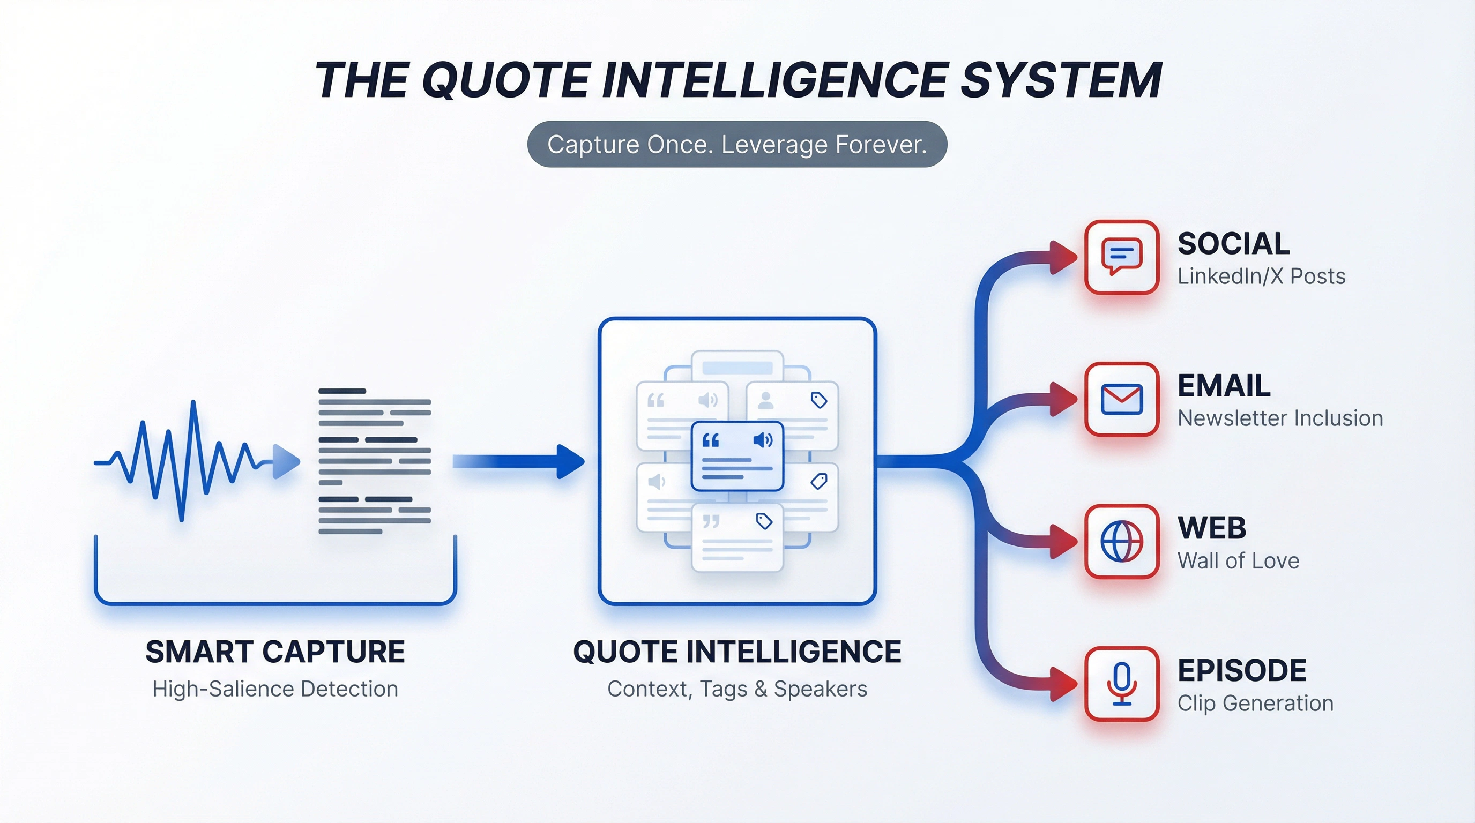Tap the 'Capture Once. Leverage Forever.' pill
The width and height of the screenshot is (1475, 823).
point(737,144)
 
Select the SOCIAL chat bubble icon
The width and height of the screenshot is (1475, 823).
point(1122,257)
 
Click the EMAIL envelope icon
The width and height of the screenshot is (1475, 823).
point(1122,399)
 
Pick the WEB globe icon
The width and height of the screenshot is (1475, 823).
point(1122,541)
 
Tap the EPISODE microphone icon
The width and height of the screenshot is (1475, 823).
point(1122,683)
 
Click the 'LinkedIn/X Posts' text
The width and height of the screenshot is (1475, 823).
point(1261,276)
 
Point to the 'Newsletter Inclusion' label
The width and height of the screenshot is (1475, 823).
point(1280,418)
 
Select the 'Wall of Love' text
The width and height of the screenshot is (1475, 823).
point(1238,561)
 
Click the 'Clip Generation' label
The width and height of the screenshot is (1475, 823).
point(1255,703)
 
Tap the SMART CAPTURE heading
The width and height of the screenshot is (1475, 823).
point(275,652)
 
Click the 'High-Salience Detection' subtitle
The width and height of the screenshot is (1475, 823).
point(275,689)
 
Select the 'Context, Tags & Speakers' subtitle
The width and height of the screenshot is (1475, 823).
point(737,689)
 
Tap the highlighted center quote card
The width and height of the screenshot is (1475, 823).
point(737,456)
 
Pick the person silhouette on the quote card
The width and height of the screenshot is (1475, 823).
point(765,400)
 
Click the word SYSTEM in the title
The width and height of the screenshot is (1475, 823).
point(1061,81)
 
